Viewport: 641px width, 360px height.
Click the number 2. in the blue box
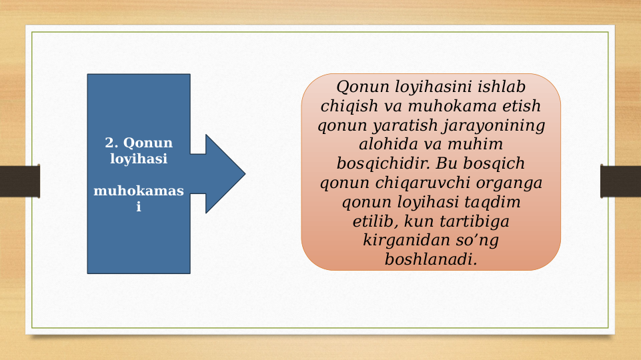113,143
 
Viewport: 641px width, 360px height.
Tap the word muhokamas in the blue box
138,191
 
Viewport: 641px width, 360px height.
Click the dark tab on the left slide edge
19,181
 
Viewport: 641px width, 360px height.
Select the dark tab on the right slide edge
620,181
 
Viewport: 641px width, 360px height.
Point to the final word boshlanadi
431,259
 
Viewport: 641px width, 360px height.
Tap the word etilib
375,221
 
